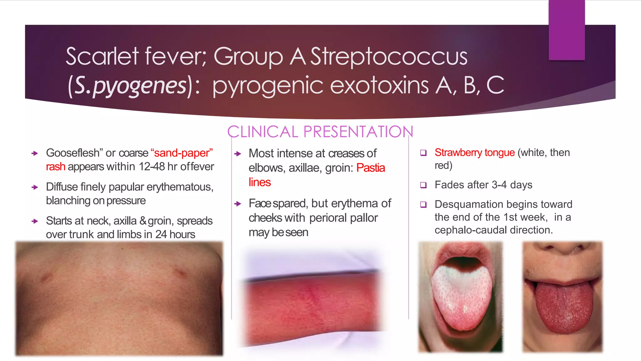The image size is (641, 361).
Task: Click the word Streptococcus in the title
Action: (x=389, y=56)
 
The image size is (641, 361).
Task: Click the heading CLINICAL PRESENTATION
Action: (x=320, y=132)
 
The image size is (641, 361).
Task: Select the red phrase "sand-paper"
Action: (x=182, y=153)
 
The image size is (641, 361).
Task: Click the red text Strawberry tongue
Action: (x=474, y=153)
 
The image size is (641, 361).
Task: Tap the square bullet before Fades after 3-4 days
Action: (x=423, y=185)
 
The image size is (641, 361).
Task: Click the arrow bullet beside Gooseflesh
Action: (x=35, y=153)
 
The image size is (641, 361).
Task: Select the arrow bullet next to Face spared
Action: (x=238, y=204)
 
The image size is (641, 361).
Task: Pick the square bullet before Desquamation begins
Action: (x=423, y=205)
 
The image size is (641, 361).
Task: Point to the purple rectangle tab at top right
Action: (x=567, y=30)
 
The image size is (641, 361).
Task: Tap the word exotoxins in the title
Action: (x=379, y=86)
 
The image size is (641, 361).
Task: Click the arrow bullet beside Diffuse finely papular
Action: (x=35, y=187)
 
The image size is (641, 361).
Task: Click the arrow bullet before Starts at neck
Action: (x=35, y=221)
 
